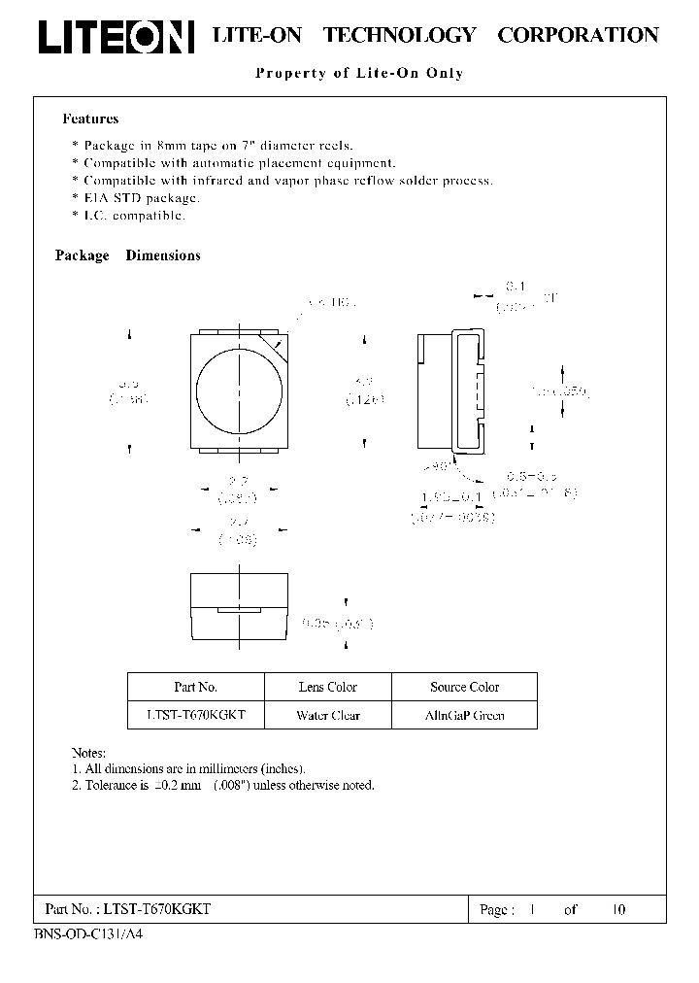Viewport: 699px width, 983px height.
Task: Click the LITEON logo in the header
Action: (x=116, y=36)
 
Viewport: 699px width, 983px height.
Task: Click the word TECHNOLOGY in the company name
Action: (x=399, y=35)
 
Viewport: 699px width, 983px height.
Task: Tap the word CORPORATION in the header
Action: (x=578, y=35)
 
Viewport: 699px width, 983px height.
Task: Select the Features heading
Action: (x=90, y=119)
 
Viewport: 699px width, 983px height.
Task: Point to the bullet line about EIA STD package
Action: (x=142, y=197)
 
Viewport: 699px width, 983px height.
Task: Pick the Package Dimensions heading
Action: (x=127, y=255)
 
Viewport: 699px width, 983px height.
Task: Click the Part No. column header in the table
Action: (x=195, y=687)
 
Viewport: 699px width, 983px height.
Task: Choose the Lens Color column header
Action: (x=328, y=687)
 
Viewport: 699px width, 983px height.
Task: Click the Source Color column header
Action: (x=464, y=687)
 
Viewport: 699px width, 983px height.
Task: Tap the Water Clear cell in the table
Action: (x=328, y=716)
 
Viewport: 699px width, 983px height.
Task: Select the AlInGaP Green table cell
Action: (x=464, y=716)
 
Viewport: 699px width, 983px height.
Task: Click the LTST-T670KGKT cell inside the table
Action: (x=195, y=716)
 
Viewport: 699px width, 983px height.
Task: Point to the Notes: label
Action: (x=88, y=753)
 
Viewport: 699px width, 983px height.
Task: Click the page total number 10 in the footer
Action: (x=618, y=909)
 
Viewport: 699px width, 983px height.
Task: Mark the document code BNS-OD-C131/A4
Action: (x=87, y=932)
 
